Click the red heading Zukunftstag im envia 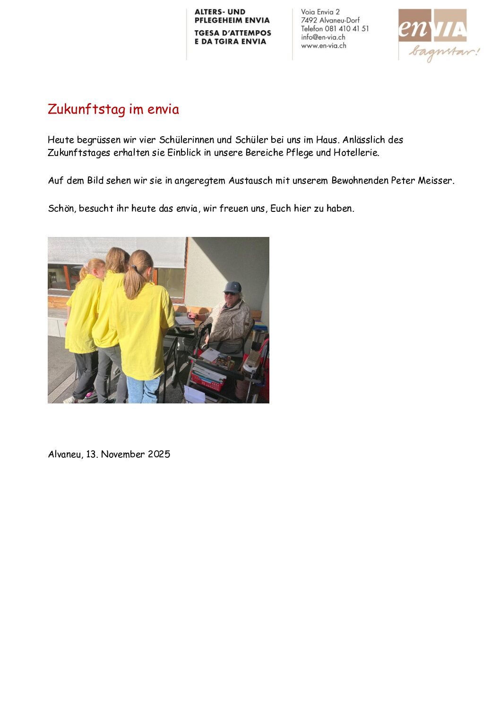[x=113, y=109]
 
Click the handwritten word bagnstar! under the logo [x=444, y=52]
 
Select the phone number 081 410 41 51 [x=347, y=29]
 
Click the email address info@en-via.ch [x=323, y=37]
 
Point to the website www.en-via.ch [x=324, y=46]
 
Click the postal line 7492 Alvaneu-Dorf [x=330, y=20]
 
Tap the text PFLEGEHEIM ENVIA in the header [x=232, y=20]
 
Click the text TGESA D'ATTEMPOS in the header [x=233, y=33]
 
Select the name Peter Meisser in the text [x=422, y=181]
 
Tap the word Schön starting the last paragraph [x=61, y=209]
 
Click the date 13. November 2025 [x=128, y=455]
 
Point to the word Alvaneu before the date [x=65, y=455]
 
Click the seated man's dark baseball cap [x=233, y=287]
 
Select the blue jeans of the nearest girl [x=143, y=390]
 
